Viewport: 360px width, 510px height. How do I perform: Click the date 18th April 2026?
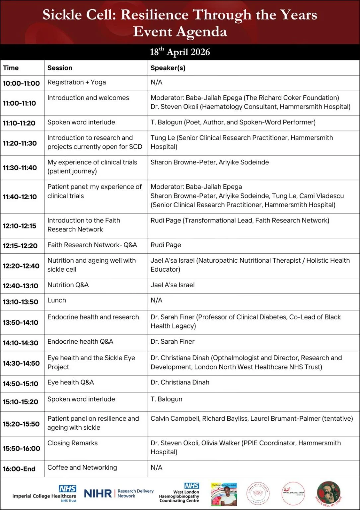180,52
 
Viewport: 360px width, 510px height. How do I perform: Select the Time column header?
11,68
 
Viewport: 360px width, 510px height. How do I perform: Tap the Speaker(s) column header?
168,68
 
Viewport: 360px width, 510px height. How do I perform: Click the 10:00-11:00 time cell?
21,83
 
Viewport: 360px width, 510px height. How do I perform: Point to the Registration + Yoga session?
77,82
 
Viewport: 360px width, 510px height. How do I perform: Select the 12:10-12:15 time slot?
20,226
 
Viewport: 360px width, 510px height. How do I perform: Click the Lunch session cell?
57,300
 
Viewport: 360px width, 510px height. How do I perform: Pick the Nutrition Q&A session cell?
68,285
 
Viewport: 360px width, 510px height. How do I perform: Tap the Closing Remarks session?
72,443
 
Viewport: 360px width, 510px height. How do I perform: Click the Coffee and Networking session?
82,467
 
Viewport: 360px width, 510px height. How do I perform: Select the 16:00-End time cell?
19,469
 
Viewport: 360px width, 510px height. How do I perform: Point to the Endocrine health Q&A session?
80,341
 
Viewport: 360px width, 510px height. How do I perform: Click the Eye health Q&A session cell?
71,382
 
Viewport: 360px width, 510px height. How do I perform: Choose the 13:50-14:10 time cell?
21,322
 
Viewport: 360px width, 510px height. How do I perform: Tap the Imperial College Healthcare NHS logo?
44,493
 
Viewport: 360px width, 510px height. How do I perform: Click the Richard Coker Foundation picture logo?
224,494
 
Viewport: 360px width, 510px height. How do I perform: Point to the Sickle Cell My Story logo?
328,493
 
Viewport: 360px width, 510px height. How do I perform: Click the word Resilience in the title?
155,15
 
